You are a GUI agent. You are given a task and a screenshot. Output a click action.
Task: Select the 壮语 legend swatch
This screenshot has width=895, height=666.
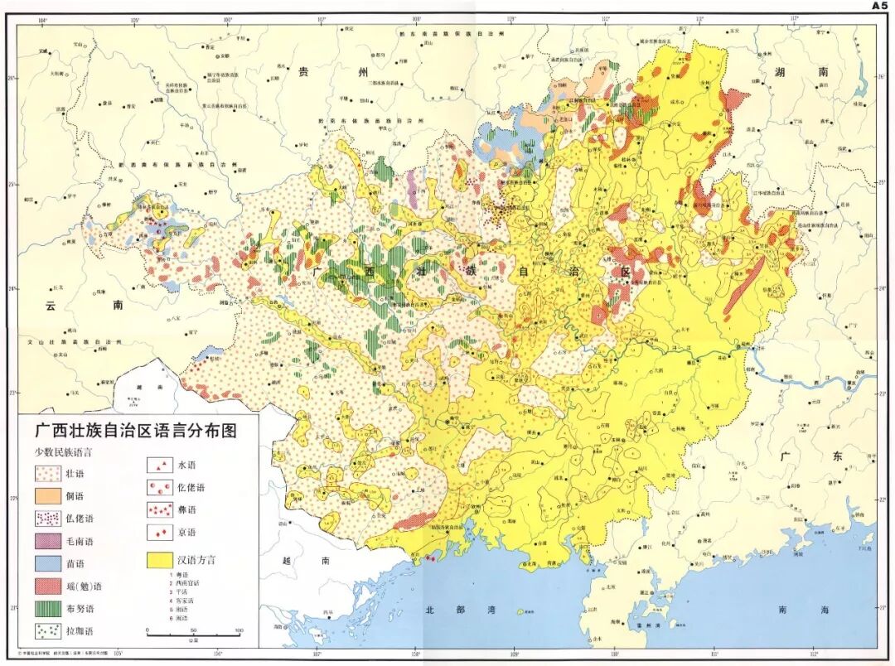pos(49,473)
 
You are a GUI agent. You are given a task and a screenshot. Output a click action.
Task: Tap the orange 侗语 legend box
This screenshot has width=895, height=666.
pos(49,495)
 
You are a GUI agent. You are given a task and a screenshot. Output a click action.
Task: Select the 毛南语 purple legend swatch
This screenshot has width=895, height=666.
pos(49,541)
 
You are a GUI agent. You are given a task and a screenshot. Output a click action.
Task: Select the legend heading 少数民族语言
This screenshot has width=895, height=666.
pos(62,452)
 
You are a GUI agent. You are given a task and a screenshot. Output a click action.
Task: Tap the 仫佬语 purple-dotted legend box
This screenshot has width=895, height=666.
pos(49,519)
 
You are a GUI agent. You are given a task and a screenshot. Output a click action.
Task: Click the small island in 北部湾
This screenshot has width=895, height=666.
pos(520,612)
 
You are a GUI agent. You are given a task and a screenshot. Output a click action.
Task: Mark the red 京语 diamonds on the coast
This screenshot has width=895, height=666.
pos(430,560)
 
